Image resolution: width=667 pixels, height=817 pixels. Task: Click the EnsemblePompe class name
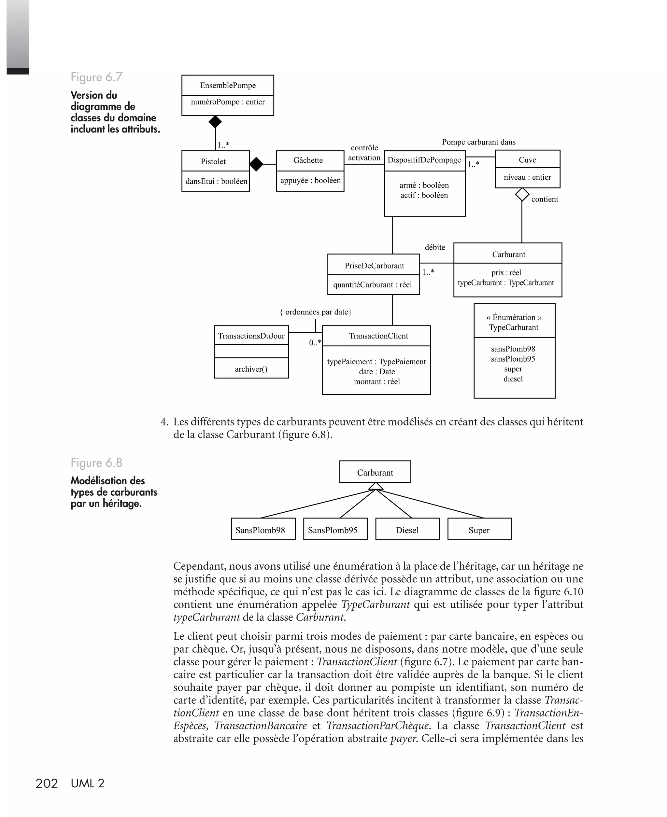point(228,85)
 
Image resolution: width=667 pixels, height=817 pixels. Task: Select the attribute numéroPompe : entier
point(228,102)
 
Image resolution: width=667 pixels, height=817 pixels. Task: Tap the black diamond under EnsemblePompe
point(215,122)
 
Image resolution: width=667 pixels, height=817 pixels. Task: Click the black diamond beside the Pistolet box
point(256,164)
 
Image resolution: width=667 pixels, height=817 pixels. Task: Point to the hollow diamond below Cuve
point(522,195)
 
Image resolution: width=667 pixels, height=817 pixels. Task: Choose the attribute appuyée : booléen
point(310,180)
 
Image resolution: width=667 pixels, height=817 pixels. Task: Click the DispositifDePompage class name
point(424,160)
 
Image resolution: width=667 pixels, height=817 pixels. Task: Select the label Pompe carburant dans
point(478,142)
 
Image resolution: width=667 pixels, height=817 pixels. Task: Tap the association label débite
point(435,248)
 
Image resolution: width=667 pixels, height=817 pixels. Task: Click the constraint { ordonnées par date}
point(316,312)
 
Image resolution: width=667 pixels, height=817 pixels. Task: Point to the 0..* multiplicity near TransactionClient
point(315,343)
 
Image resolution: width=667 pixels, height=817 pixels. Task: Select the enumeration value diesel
point(513,379)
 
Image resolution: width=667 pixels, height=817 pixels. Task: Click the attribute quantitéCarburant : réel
point(372,285)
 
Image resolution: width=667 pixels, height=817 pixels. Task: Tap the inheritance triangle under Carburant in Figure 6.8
point(376,486)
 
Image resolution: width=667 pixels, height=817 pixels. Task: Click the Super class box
point(479,530)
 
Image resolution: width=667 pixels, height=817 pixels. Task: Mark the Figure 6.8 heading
point(96,463)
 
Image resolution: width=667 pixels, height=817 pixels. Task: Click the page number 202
point(47,783)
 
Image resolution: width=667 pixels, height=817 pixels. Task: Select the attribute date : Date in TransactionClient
point(376,372)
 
